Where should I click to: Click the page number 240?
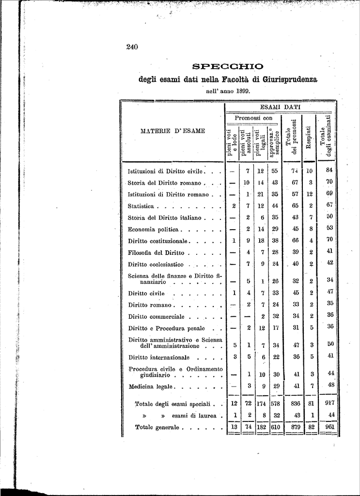pos(132,47)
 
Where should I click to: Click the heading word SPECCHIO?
pos(228,66)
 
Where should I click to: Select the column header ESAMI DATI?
pos(280,107)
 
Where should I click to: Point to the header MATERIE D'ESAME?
pos(172,130)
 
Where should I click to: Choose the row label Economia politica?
pos(154,229)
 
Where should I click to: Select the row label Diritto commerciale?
pos(156,317)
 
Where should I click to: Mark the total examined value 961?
pos(330,427)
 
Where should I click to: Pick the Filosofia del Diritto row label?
pos(156,252)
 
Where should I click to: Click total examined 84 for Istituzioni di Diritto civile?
pos(330,170)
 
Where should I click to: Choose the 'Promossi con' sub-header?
pos(253,118)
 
